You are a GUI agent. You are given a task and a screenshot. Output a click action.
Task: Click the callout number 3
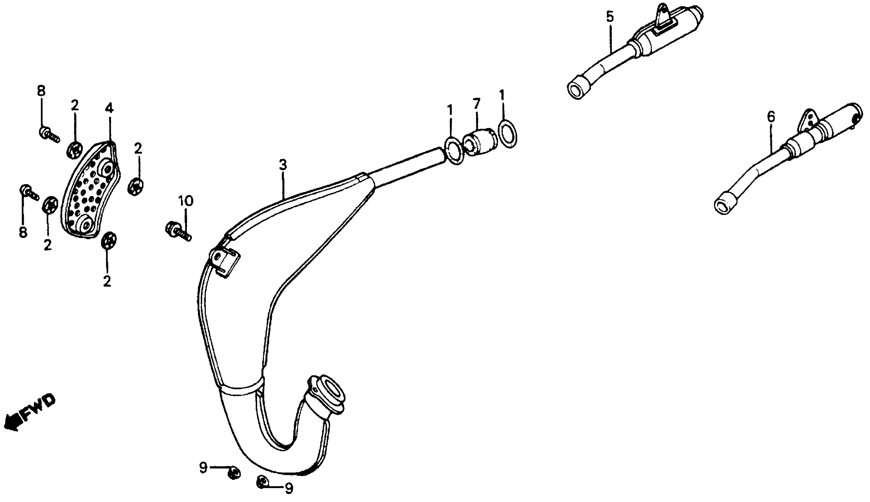[x=282, y=165]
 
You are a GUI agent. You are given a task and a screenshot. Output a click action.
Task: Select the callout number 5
[x=610, y=17]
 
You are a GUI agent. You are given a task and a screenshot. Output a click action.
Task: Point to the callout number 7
[x=476, y=103]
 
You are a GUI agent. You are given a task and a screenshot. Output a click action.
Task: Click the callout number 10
[x=186, y=201]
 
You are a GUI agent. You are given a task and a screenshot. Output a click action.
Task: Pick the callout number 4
[x=109, y=108]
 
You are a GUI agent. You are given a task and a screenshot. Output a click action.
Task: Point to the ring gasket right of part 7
[x=508, y=134]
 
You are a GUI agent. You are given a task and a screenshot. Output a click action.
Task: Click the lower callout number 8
[x=23, y=232]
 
